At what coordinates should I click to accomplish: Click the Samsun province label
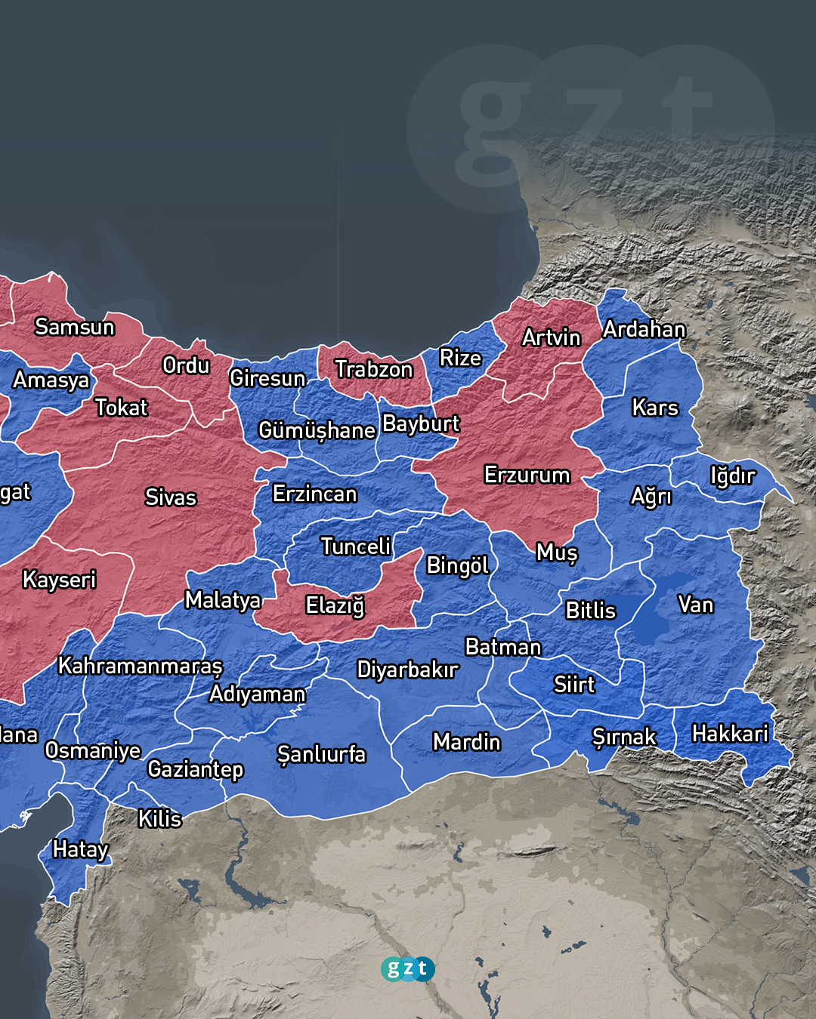(74, 327)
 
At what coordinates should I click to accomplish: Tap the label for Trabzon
(373, 369)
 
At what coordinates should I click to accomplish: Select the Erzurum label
(527, 475)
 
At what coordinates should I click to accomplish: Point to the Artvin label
(551, 337)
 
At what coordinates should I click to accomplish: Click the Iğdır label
(731, 476)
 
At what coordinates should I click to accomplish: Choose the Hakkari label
(729, 734)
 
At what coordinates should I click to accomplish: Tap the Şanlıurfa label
(321, 754)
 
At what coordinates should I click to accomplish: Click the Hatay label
(80, 849)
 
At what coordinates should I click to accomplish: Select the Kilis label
(159, 818)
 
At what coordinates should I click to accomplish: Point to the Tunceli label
(355, 546)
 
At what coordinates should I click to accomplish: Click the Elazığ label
(335, 605)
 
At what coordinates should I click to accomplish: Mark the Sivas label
(171, 497)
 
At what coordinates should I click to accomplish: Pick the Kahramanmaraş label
(141, 666)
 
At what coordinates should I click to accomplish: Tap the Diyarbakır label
(407, 670)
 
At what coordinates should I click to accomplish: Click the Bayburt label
(420, 423)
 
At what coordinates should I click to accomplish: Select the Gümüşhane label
(317, 430)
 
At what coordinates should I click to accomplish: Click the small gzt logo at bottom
(407, 968)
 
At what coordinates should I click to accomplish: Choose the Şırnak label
(624, 737)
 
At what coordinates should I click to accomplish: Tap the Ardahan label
(644, 329)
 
